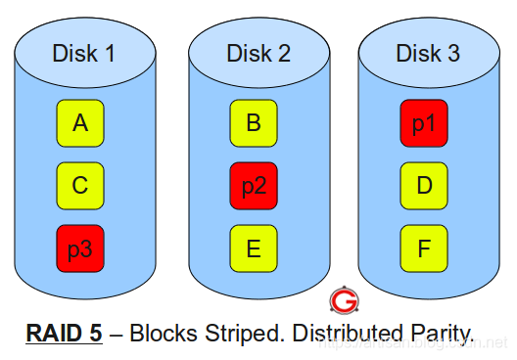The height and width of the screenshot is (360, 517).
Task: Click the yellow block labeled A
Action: pos(80,123)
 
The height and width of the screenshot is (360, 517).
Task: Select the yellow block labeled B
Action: pos(254,123)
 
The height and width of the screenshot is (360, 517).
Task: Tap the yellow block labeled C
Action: pos(80,186)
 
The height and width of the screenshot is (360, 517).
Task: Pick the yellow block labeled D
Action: pos(424,186)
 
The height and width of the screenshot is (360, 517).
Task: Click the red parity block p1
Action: pos(424,123)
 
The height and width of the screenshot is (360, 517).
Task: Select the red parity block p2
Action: pos(254,186)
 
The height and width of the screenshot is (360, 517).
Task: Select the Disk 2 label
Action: pos(258,53)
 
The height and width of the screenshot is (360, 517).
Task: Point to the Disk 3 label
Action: pos(428,53)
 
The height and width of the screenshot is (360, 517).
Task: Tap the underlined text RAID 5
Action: pos(65,333)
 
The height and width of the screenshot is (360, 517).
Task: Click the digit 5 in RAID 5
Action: pos(95,333)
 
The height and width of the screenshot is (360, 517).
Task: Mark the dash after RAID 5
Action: pos(117,334)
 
